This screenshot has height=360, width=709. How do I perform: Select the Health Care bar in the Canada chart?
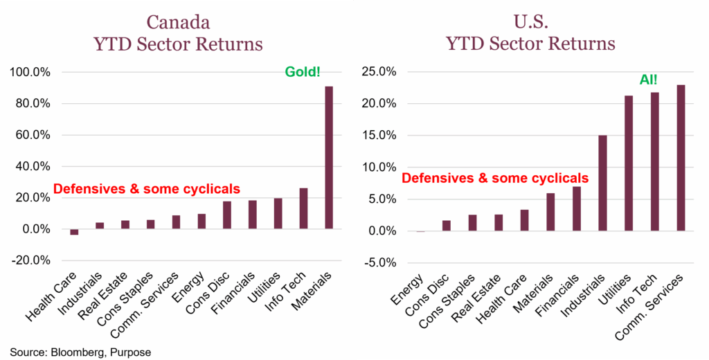coord(74,232)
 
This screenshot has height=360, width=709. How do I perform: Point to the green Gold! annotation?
coord(303,71)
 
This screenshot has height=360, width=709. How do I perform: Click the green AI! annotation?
coord(649,80)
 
